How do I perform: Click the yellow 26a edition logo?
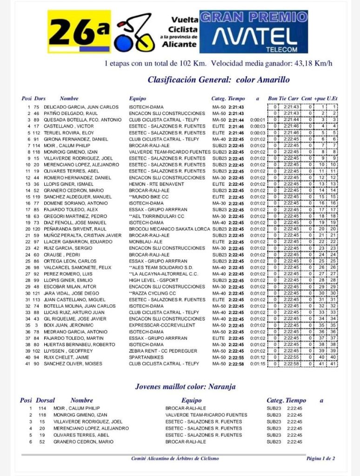[79, 32]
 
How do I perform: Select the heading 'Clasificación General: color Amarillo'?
[219, 80]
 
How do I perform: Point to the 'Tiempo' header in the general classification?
[237, 99]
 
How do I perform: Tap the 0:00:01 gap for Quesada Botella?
[257, 120]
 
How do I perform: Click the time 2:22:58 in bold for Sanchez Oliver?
[236, 363]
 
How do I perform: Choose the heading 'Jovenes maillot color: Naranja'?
[185, 387]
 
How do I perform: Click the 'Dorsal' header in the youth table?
[45, 400]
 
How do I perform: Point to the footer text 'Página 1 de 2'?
[320, 458]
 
